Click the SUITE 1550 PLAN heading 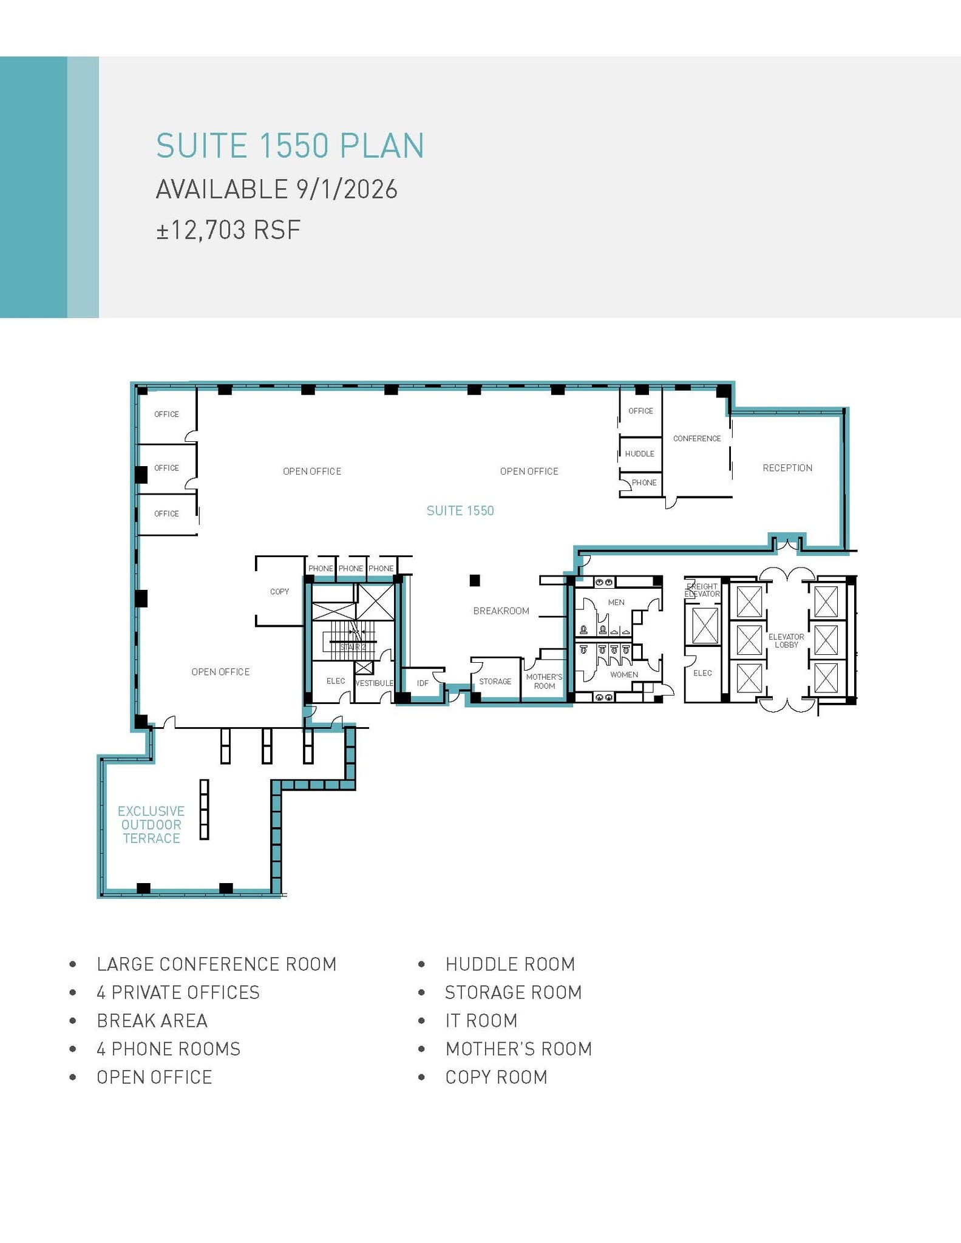290,146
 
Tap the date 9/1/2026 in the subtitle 347,189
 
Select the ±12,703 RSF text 228,231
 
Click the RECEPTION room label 787,468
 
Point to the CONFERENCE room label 696,438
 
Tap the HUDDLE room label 639,454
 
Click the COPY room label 279,592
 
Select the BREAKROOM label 501,611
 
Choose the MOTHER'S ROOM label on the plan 544,682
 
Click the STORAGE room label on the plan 495,682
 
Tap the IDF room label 423,683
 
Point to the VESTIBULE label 374,683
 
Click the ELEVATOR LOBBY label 786,641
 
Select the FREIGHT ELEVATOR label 702,590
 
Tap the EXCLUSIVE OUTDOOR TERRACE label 151,825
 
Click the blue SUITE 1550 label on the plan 460,511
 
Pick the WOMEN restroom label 623,675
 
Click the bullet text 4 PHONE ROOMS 168,1049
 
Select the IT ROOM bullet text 481,1021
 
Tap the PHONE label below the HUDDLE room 643,483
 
